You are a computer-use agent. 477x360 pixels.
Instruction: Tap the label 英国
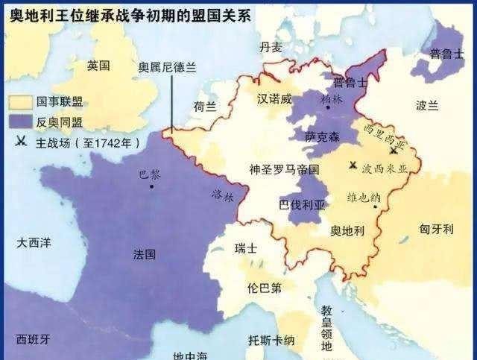97,66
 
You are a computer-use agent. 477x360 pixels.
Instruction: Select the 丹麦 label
271,47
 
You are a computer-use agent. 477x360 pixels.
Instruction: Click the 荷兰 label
204,107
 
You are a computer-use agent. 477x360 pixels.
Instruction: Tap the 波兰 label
427,106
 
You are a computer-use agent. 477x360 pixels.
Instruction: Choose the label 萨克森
321,136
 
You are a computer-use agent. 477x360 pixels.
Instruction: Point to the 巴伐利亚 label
301,203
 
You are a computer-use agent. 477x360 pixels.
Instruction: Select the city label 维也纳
364,198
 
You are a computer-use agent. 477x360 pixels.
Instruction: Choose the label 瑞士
245,248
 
